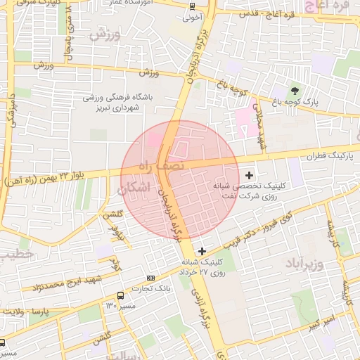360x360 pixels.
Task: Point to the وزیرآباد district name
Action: (x=304, y=264)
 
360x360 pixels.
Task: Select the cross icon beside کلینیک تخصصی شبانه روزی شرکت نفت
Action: (x=249, y=174)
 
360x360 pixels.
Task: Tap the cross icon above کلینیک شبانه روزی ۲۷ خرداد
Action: (x=202, y=250)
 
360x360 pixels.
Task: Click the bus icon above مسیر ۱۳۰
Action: (x=121, y=295)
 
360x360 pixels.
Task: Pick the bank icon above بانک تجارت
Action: (x=162, y=278)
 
